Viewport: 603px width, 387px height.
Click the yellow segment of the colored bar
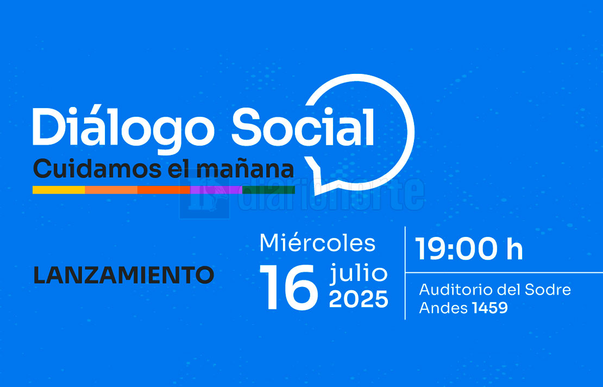coord(59,190)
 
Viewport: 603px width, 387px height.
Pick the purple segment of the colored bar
coord(216,190)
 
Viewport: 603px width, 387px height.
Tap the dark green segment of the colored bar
coord(268,190)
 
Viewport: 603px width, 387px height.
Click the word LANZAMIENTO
coord(123,275)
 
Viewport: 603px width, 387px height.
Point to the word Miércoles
coord(317,243)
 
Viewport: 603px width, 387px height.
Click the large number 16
coord(289,287)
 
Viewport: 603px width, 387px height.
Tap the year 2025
coord(359,299)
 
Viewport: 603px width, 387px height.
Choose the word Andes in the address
coord(443,308)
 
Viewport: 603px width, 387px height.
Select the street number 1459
coord(489,308)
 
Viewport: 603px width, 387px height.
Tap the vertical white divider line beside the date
coord(405,273)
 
